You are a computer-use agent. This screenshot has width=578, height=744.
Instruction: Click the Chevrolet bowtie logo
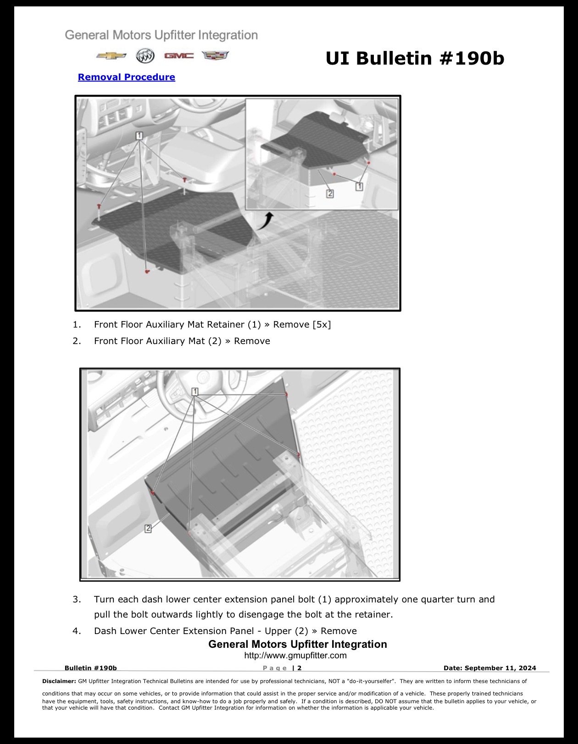click(x=111, y=56)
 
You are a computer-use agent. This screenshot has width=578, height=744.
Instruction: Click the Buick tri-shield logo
click(x=145, y=56)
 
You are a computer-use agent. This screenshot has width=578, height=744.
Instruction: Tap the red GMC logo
click(x=179, y=56)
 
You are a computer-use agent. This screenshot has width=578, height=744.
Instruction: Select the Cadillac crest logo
click(x=215, y=55)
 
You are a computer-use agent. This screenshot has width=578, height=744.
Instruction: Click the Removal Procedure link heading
click(x=127, y=77)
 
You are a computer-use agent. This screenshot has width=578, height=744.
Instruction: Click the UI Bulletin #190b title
click(x=415, y=58)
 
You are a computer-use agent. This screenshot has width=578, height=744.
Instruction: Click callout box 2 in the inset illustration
click(x=330, y=194)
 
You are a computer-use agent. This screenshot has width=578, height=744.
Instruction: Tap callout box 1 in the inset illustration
click(x=359, y=186)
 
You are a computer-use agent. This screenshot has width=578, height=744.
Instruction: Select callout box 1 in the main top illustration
click(x=139, y=136)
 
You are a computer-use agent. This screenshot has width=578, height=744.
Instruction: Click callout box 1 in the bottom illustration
click(x=195, y=391)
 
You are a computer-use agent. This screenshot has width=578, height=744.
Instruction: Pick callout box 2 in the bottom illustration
click(x=148, y=528)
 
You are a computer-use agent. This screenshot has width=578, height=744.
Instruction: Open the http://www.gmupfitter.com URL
click(x=295, y=656)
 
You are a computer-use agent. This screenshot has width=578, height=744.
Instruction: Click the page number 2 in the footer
click(x=299, y=668)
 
